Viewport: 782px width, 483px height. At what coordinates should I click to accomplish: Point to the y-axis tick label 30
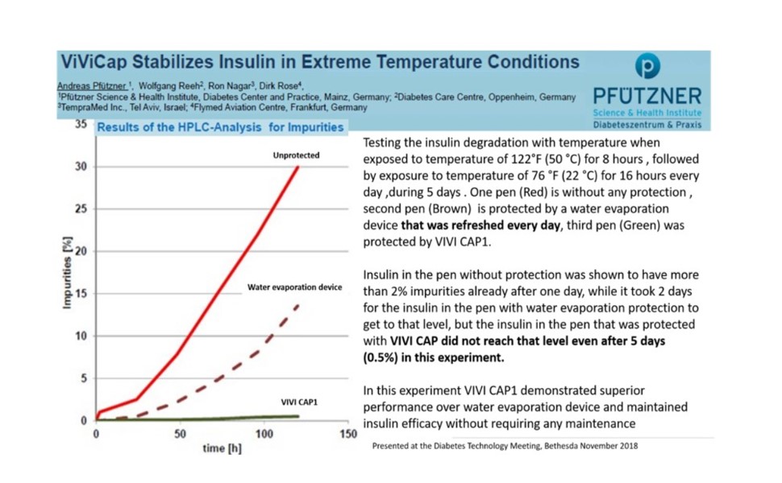[x=80, y=167]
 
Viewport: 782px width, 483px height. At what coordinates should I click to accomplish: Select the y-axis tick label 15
[x=80, y=294]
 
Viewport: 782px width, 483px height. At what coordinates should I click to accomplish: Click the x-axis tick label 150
[x=348, y=435]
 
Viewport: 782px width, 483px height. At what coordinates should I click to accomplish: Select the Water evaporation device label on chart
[x=295, y=287]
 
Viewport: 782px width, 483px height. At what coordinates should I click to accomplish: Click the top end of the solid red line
[x=297, y=167]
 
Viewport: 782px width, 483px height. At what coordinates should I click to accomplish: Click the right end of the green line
[x=297, y=416]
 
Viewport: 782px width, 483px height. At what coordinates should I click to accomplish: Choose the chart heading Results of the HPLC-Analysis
[x=220, y=127]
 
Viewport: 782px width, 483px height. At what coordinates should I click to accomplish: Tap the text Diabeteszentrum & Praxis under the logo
[x=647, y=125]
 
